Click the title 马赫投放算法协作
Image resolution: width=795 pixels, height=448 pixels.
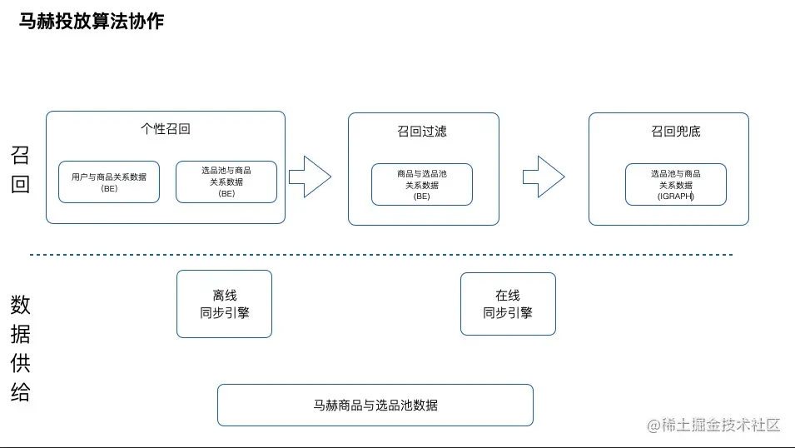pos(92,22)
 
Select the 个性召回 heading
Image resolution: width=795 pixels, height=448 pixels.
pos(166,129)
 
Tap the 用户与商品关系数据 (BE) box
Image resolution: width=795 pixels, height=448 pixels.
pos(109,182)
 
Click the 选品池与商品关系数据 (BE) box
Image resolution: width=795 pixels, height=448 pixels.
pos(226,182)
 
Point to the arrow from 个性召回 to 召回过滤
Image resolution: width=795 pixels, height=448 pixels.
pos(310,177)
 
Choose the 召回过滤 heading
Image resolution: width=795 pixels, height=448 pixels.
pos(422,132)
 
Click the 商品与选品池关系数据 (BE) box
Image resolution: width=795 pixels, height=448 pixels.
pos(422,185)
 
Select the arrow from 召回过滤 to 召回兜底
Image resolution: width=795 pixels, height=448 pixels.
pos(544,177)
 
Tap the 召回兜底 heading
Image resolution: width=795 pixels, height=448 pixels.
pos(676,132)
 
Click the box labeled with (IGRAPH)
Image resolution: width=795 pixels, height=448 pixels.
pos(676,185)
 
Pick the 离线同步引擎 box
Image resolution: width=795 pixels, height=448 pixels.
pos(224,304)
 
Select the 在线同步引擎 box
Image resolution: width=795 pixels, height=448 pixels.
pos(508,304)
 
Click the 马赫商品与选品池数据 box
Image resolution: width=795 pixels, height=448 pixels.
pos(375,405)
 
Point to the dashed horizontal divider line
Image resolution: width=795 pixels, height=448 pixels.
pos(381,255)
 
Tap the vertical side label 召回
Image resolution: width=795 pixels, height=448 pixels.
pos(20,170)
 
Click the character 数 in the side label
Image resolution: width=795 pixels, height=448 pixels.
pos(20,305)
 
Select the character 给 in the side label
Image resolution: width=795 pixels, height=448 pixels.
pos(20,392)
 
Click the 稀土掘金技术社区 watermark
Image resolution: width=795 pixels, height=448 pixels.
pos(714,425)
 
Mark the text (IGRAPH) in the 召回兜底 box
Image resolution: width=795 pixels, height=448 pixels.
pos(676,197)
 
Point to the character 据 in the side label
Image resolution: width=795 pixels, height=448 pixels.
pos(20,334)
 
